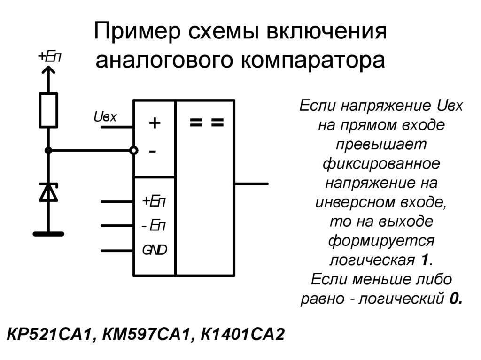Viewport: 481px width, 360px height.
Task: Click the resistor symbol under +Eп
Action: pos(48,110)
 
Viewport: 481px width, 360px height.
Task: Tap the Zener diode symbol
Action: pos(48,192)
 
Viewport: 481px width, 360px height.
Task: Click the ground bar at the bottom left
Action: pos(48,232)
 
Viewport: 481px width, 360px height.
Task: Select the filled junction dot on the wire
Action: pos(48,150)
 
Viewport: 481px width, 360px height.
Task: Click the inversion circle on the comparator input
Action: pos(134,150)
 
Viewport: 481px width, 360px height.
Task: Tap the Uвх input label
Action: pos(105,116)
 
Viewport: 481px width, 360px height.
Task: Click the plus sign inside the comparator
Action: pos(155,123)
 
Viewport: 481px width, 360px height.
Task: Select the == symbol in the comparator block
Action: pos(206,123)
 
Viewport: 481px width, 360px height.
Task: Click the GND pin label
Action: pos(155,250)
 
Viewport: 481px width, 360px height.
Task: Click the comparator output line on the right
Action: pos(251,184)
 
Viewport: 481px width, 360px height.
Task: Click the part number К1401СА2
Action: pos(243,336)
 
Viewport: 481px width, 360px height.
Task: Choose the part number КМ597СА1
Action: pos(147,336)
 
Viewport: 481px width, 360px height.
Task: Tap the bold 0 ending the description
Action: pos(454,299)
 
